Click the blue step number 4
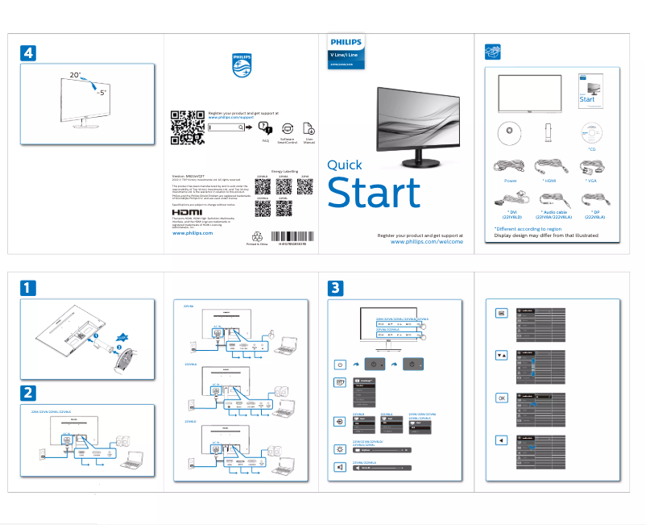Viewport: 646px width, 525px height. pyautogui.click(x=27, y=52)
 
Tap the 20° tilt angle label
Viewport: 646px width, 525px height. pyautogui.click(x=75, y=75)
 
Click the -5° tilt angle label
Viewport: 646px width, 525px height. pyautogui.click(x=101, y=93)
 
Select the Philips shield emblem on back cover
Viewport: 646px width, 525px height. pyautogui.click(x=242, y=64)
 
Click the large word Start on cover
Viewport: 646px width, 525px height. pyautogui.click(x=373, y=194)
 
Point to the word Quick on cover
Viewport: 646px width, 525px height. pyautogui.click(x=344, y=165)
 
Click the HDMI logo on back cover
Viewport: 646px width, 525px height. pyautogui.click(x=188, y=214)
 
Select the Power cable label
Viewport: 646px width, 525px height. pyautogui.click(x=510, y=181)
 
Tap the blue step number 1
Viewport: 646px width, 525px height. pyautogui.click(x=27, y=287)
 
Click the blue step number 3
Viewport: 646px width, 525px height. pyautogui.click(x=336, y=287)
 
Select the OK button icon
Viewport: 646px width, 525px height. pyautogui.click(x=501, y=398)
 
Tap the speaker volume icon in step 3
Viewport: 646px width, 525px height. pyautogui.click(x=340, y=467)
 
